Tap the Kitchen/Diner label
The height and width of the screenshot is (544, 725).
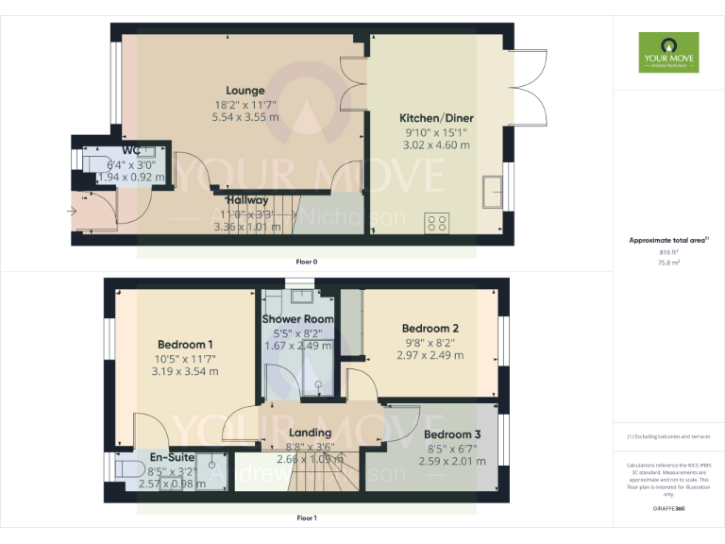point(436,118)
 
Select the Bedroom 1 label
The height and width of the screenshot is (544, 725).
point(185,343)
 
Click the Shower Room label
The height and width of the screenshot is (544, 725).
point(297,319)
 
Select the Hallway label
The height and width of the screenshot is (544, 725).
point(247,200)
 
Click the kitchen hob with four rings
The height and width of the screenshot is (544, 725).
point(437,223)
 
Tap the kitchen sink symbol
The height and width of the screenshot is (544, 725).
point(492,192)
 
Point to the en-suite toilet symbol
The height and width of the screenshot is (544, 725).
point(124,469)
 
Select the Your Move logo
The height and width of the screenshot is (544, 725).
point(668,52)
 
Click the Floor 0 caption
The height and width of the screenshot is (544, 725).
point(306,260)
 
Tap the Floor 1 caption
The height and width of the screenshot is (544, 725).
point(306,518)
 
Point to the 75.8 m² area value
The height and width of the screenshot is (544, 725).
point(668,263)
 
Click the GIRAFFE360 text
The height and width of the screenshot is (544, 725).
point(669,509)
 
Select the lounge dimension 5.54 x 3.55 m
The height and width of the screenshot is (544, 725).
point(244,117)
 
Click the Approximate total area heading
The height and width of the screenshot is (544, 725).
point(667,241)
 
